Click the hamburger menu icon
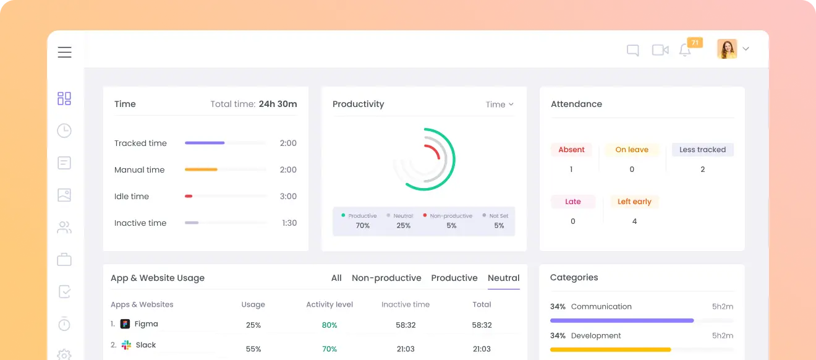(x=65, y=53)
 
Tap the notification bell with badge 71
(x=685, y=51)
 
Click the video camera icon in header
(x=660, y=50)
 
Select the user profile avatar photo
(x=727, y=49)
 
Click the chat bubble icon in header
(x=632, y=51)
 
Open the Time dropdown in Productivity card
(x=499, y=105)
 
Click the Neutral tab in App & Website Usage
(x=503, y=278)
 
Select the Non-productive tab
(x=386, y=278)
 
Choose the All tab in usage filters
(x=336, y=278)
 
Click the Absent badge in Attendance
(x=571, y=150)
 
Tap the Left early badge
(x=634, y=202)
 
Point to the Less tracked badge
(x=702, y=150)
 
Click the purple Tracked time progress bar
(x=205, y=143)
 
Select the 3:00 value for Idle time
(x=288, y=197)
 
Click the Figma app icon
(x=125, y=324)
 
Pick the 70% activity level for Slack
(x=329, y=349)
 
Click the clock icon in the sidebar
(x=64, y=131)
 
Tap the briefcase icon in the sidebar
(x=64, y=259)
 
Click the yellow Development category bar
(x=610, y=349)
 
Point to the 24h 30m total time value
(x=278, y=104)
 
